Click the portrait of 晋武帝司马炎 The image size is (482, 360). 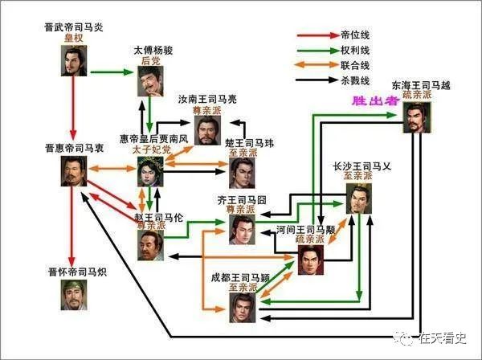pos(73,62)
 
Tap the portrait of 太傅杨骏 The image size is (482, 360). pos(150,81)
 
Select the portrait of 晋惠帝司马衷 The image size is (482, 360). pos(74,172)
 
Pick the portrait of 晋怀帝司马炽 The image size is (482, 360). pos(74,295)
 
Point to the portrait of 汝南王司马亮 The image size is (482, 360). pos(207,130)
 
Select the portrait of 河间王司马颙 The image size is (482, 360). pos(311,260)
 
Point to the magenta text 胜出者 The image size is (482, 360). pos(370,101)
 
